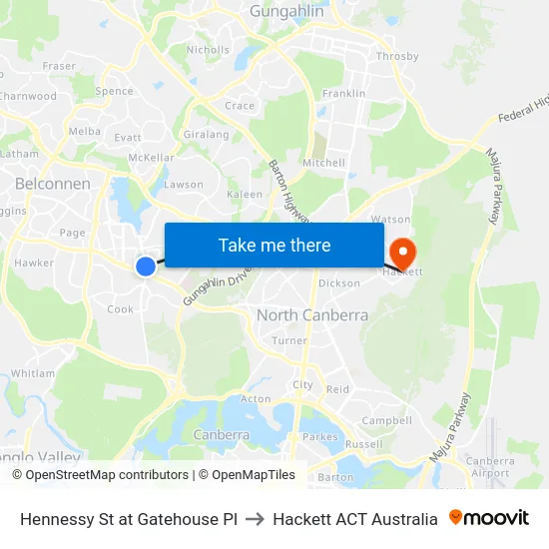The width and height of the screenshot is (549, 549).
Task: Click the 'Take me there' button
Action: pos(274,245)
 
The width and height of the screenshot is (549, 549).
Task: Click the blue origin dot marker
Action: pos(146,266)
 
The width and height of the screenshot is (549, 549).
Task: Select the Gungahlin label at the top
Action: pos(285,11)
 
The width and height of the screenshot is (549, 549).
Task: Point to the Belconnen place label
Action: pos(53,184)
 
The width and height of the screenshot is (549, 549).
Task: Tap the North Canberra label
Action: pos(312,315)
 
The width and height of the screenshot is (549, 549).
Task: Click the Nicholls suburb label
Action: pos(208,49)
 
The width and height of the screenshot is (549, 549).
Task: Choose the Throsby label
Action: pos(397,57)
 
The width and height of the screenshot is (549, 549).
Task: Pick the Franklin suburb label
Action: pos(343,94)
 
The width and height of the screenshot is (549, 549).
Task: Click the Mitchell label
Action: pos(323,163)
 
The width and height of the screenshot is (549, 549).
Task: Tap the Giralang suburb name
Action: pos(207,135)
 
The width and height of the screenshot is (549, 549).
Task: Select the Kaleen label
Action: pos(245,195)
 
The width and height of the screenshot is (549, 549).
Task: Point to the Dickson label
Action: pos(339,283)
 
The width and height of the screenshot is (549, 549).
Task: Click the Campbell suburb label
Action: pos(386,421)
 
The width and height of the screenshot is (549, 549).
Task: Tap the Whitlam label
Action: pos(33,373)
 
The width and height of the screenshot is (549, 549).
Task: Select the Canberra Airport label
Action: pos(489,467)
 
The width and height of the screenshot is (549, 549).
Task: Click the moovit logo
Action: pos(488,518)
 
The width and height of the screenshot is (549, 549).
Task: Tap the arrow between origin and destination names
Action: pos(255,519)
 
